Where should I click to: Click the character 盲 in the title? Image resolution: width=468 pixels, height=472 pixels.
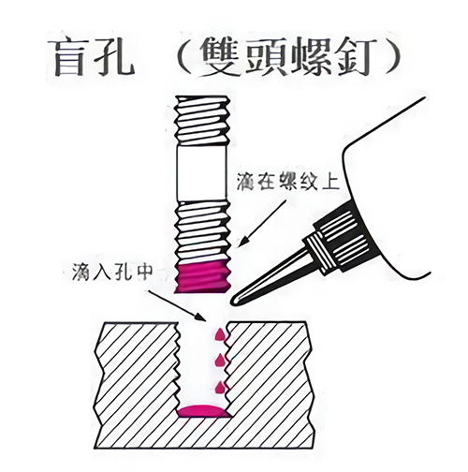tap(69, 58)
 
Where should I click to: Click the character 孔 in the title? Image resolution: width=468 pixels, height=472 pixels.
tap(115, 58)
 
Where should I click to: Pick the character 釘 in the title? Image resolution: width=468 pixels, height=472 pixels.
tap(354, 56)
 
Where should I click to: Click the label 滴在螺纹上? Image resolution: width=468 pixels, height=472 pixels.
tap(287, 181)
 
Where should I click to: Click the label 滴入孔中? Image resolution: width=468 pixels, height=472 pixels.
tap(113, 272)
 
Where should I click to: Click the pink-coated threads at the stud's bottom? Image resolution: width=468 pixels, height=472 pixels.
tap(203, 277)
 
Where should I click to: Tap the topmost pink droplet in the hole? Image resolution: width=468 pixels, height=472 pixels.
tap(220, 334)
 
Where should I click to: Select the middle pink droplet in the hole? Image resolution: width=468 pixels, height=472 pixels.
tap(221, 361)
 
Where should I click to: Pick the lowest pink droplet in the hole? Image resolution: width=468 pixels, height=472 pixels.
tap(221, 387)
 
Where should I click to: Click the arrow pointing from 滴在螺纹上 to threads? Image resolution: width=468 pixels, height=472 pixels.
tap(261, 224)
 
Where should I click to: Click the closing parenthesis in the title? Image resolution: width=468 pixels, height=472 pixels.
tap(390, 57)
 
